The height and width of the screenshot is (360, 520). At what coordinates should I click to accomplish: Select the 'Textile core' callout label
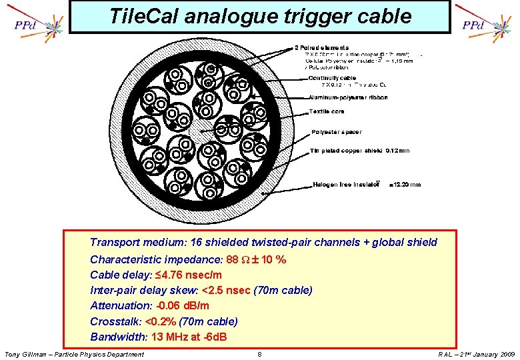coord(326,111)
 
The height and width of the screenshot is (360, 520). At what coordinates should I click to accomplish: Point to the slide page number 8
coord(259,354)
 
